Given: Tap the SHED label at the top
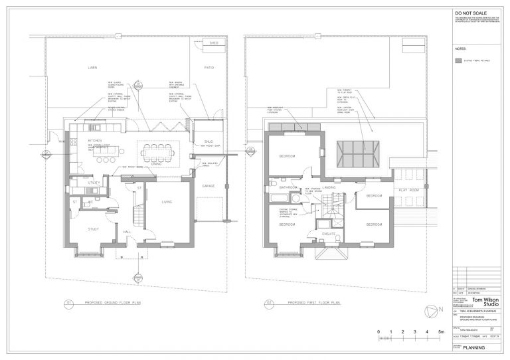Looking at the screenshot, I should pyautogui.click(x=213, y=43).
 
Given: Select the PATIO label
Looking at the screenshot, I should pyautogui.click(x=208, y=68).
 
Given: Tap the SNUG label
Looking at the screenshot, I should pyautogui.click(x=208, y=141).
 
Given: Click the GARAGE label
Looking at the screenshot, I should pyautogui.click(x=208, y=186).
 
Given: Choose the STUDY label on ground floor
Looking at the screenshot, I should pyautogui.click(x=94, y=229).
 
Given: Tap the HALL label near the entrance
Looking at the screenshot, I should pyautogui.click(x=127, y=232).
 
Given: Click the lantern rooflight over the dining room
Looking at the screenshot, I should pyautogui.click(x=357, y=152).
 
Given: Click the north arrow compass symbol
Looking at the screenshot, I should pyautogui.click(x=432, y=311).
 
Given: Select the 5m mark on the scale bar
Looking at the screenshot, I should pyautogui.click(x=440, y=330).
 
